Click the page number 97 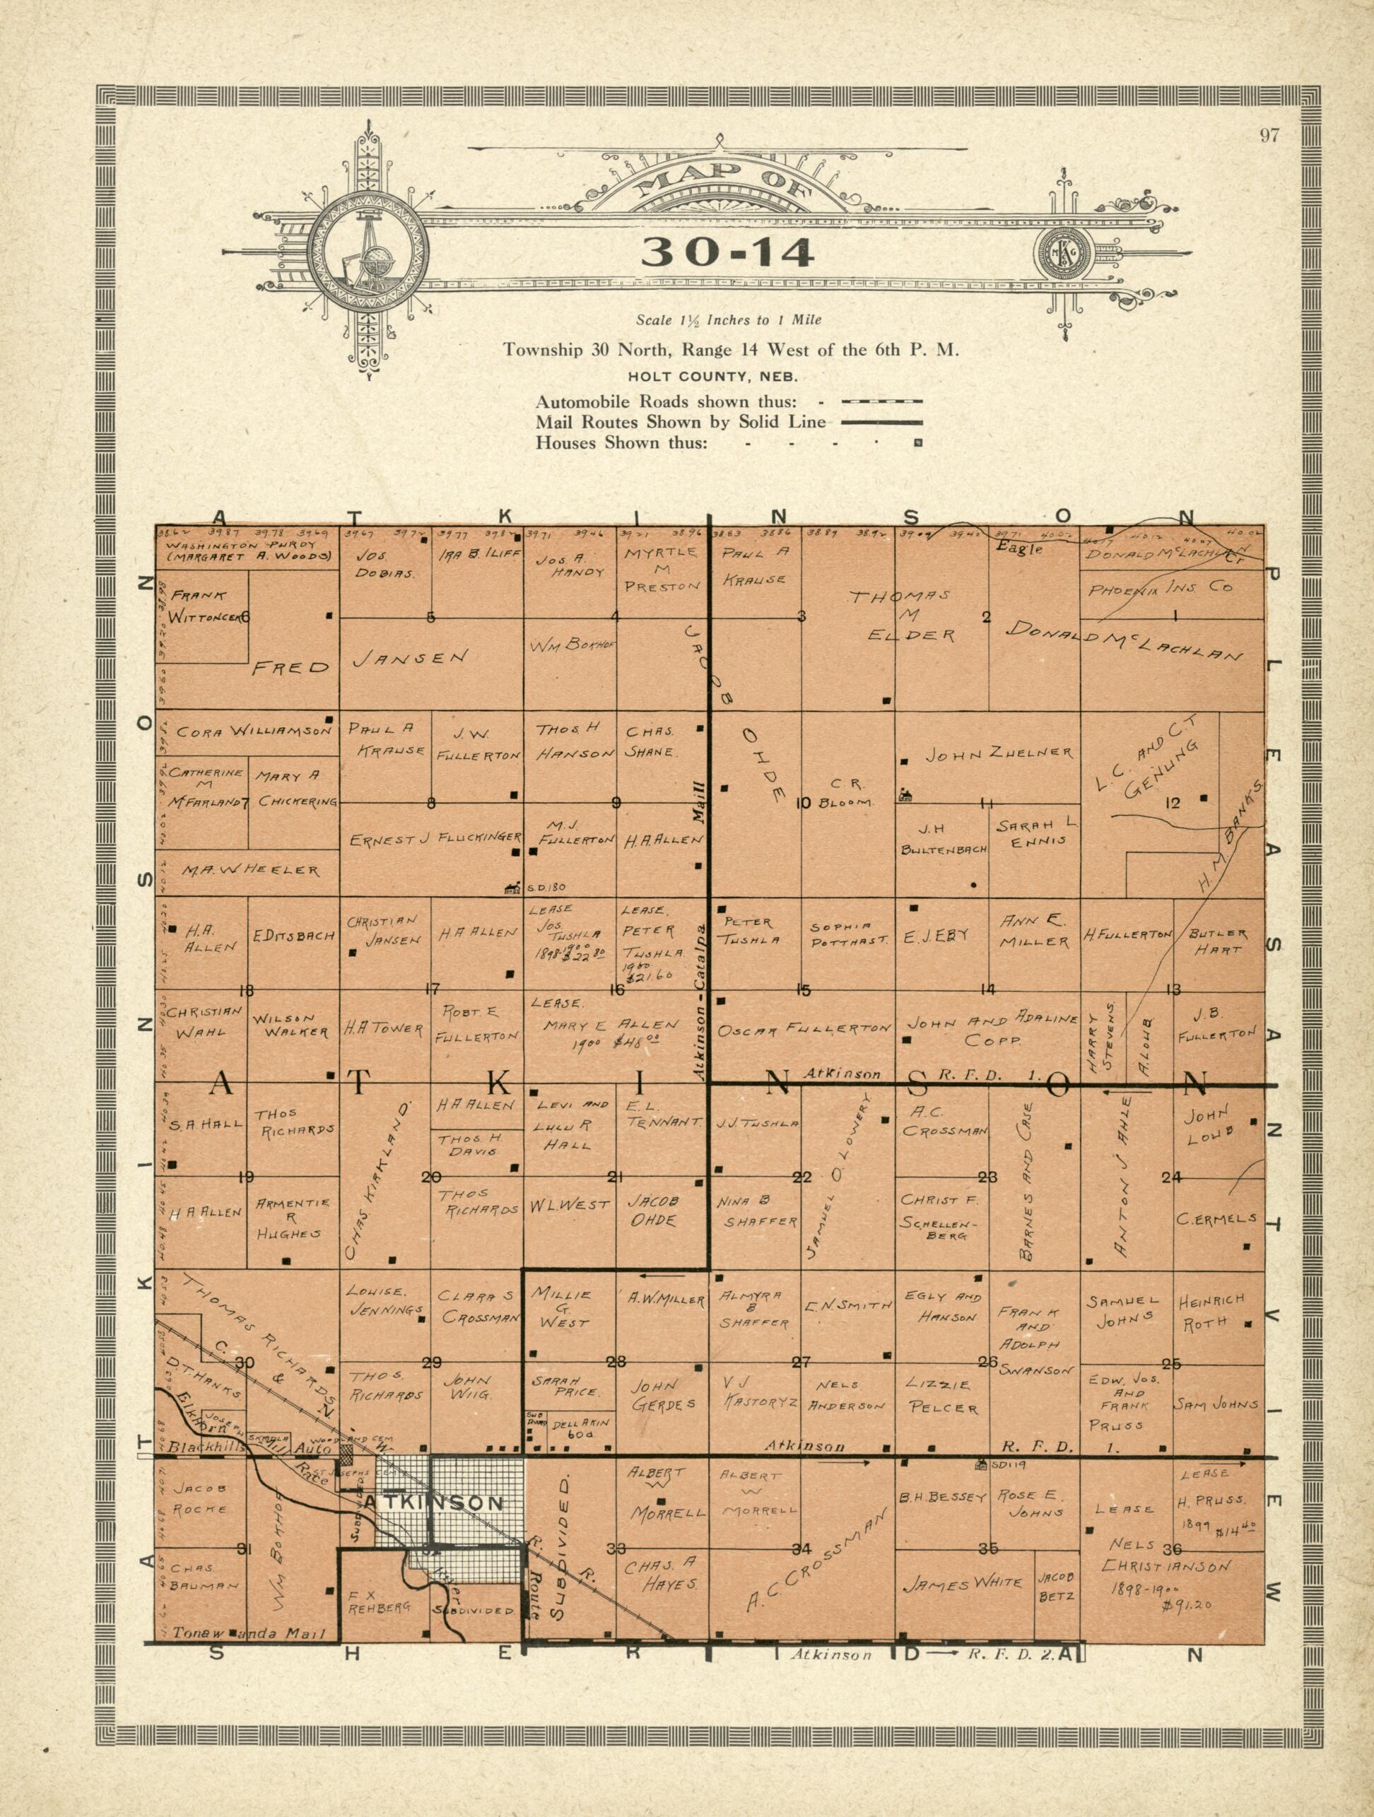click(1269, 136)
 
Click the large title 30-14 click(728, 252)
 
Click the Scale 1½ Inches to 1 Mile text click(729, 319)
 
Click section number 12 click(1172, 804)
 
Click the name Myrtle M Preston click(661, 569)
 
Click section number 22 click(801, 1178)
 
